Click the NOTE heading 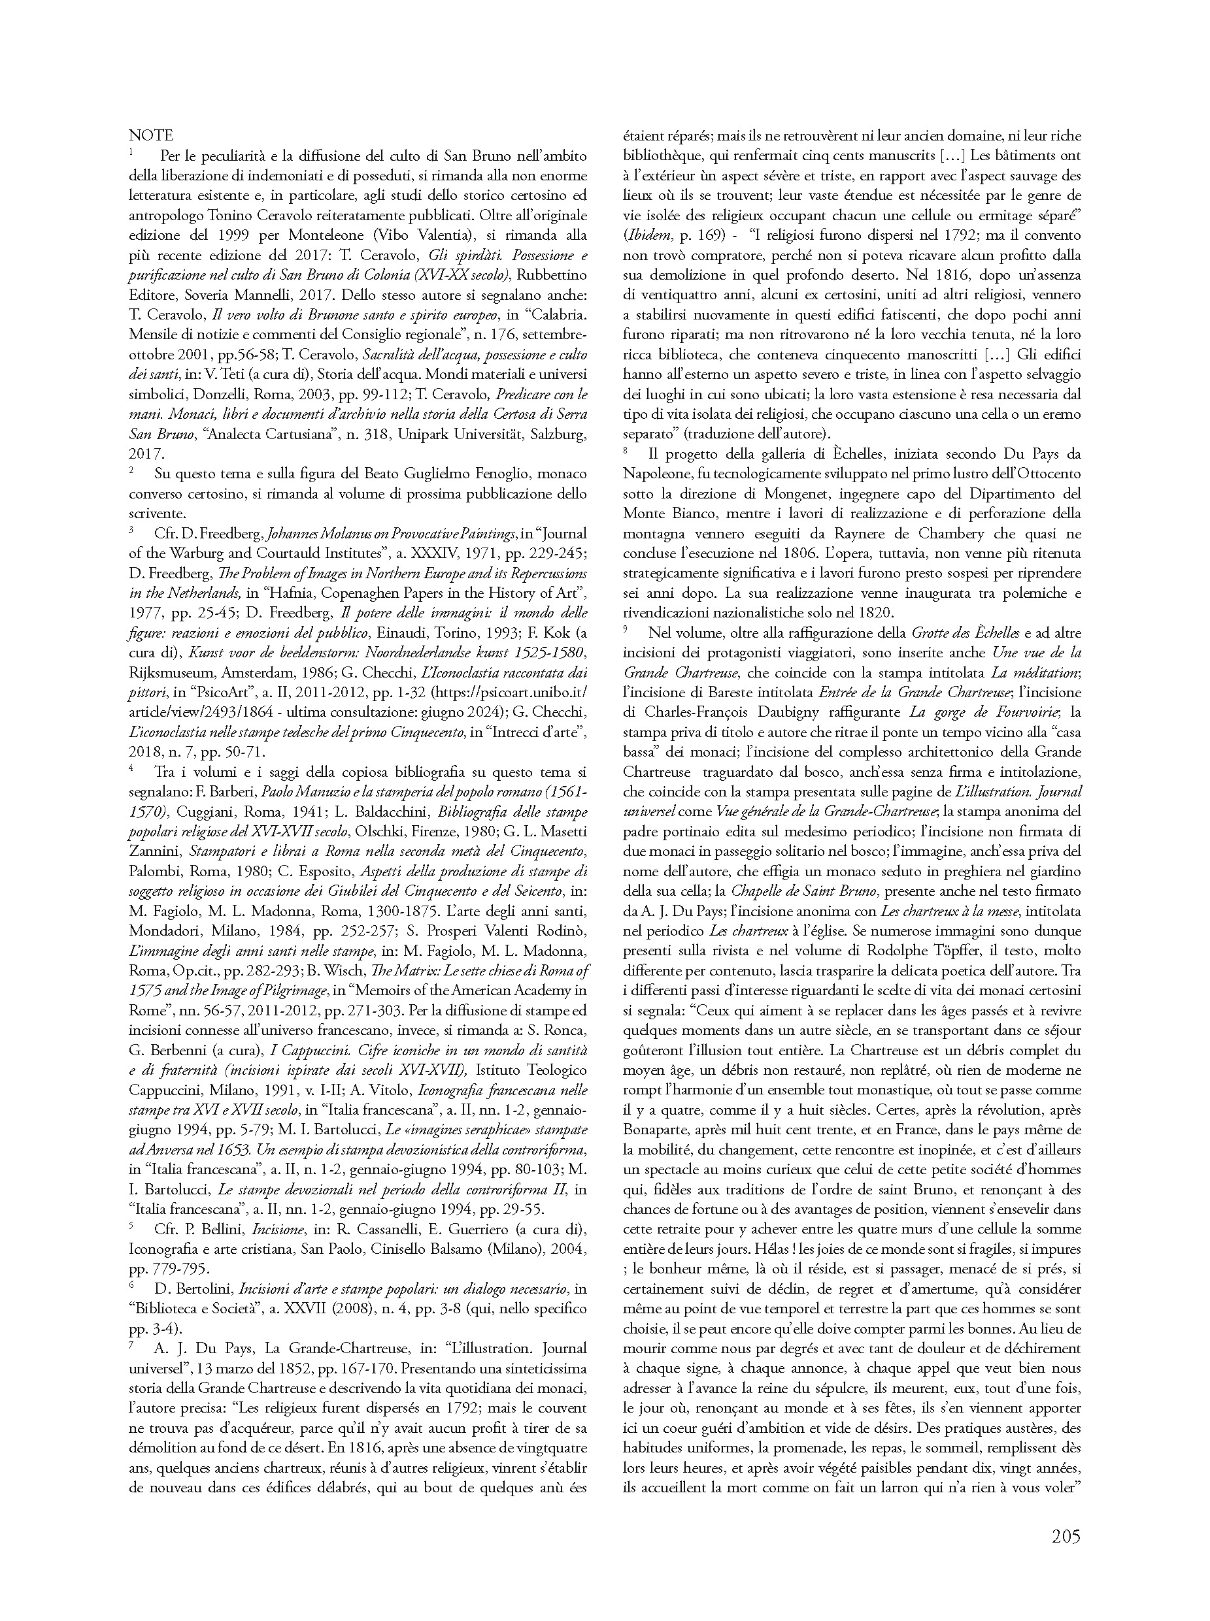click(x=151, y=135)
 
